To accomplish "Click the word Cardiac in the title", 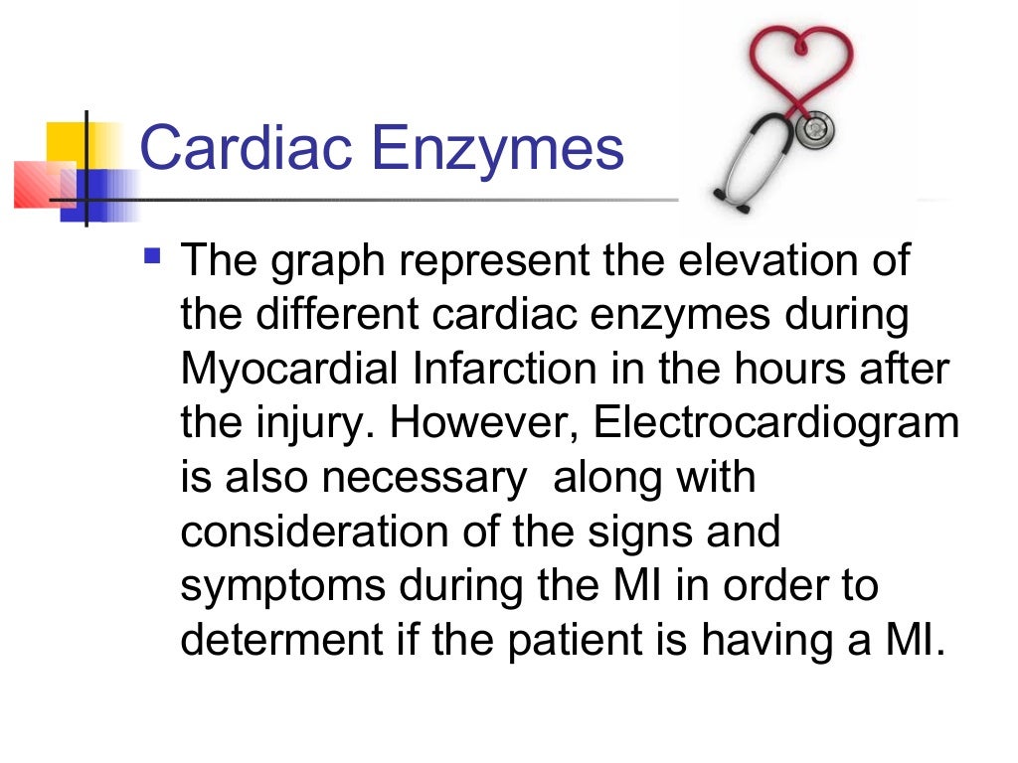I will pyautogui.click(x=248, y=148).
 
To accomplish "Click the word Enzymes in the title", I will pyautogui.click(x=498, y=150).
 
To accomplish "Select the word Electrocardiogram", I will pyautogui.click(x=776, y=423).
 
